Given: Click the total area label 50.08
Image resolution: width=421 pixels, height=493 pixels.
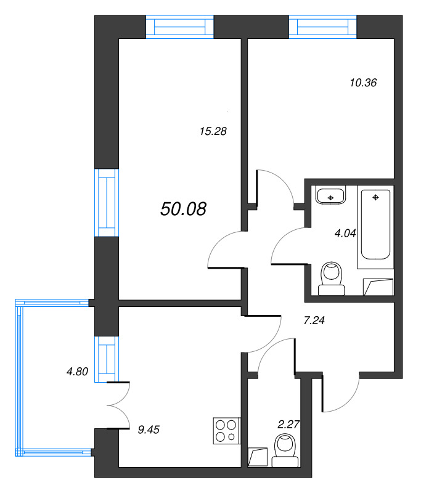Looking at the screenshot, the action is point(183,209).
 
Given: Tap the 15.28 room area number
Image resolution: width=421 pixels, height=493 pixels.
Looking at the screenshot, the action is point(213,131).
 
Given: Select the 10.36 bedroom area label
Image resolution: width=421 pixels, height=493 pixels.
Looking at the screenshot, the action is point(363,83).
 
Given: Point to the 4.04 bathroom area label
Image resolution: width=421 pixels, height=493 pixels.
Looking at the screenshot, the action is point(345,234).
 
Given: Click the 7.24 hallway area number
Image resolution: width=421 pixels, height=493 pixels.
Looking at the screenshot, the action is point(314,320).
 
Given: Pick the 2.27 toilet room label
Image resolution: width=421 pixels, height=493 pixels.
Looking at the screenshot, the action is point(288,425).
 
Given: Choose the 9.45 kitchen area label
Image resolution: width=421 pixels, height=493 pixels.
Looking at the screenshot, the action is point(149,430).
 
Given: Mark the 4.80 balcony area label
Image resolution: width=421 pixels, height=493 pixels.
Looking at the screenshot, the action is point(77,372).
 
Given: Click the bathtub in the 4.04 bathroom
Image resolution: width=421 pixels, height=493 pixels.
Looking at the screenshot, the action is point(375,224).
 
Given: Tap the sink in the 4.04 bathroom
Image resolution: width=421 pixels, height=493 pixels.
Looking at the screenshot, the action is point(330,196).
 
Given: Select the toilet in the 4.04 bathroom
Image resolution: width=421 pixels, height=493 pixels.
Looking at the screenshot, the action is point(332,279).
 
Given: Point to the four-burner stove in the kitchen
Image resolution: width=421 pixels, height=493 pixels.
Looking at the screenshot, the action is point(226,431).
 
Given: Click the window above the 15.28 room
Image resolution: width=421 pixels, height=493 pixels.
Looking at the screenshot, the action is point(180,27).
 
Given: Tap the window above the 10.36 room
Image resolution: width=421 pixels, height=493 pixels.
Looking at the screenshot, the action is point(322,27).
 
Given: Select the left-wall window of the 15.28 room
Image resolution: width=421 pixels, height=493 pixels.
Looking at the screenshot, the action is point(107,203).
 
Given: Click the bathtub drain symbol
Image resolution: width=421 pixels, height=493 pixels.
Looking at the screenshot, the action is point(375,197).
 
